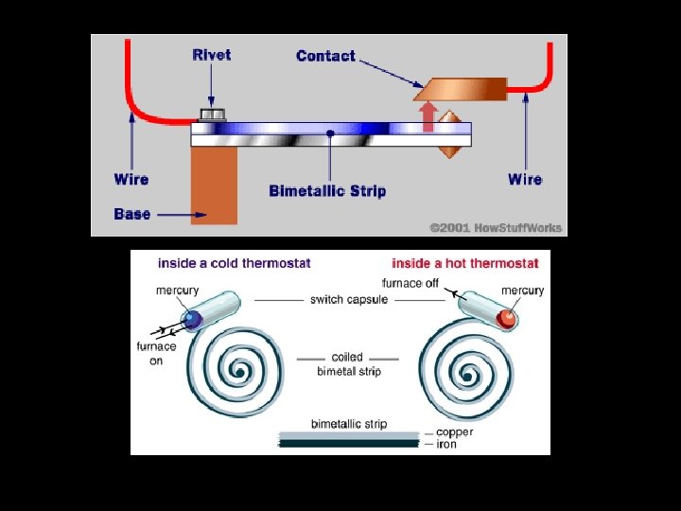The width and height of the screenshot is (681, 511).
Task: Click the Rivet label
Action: pos(212,55)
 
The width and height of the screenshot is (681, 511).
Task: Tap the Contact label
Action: pos(325,56)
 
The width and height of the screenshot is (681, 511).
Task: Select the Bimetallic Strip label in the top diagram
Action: pos(327,191)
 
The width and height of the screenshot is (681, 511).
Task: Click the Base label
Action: pos(131,214)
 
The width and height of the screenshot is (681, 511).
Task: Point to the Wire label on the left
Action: pos(131,179)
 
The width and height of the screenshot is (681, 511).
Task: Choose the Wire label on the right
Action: pos(525,179)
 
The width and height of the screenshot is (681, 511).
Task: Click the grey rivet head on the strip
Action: pos(212,115)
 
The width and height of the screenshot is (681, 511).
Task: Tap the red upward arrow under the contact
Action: pos(428,116)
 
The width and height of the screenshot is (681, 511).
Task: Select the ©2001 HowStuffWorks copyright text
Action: pos(496,228)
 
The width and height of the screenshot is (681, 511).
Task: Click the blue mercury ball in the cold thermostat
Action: pos(194,321)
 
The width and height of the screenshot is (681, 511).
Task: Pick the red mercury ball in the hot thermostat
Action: pos(508,319)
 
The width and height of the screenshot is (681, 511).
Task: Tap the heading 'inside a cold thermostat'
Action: pos(234,263)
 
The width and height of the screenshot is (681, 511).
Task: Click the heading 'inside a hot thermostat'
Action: pos(465,263)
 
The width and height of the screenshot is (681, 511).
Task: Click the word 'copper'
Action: pos(456,432)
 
